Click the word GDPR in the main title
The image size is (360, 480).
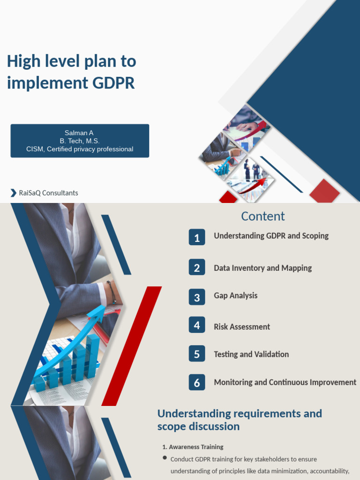point(114,83)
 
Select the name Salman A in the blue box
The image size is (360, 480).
point(79,133)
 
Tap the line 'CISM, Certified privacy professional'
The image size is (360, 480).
point(80,149)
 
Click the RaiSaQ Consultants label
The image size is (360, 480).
point(48,193)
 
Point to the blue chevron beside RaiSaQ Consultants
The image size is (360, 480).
point(13,193)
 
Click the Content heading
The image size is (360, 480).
point(262,216)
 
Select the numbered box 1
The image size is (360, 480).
point(197,238)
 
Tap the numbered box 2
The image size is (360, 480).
point(197,268)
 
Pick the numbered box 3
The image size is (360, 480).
point(197,297)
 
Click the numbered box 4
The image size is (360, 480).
point(197,325)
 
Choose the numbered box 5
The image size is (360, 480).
point(197,354)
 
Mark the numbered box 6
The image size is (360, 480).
point(197,382)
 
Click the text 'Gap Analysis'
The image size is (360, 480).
point(235,295)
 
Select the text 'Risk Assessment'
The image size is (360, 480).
point(242,327)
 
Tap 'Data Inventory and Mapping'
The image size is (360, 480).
point(262,268)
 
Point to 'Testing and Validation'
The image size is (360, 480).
point(251,354)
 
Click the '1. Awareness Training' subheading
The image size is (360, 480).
point(193,447)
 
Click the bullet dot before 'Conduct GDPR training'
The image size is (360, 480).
point(165,457)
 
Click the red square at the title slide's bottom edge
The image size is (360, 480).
point(324,191)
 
